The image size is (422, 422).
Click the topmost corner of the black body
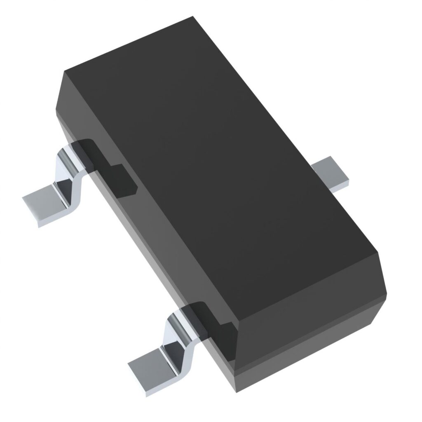point(193,17)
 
